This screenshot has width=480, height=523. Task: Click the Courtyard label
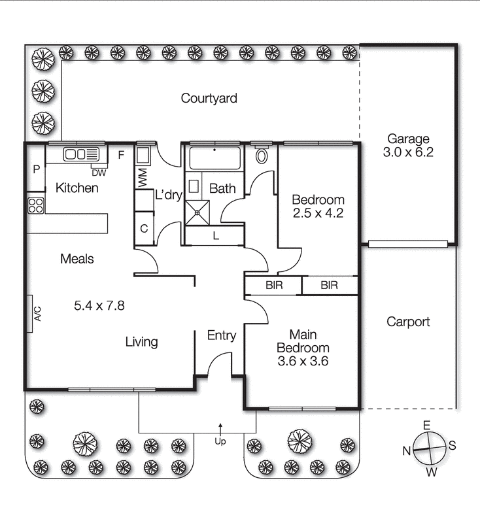(x=209, y=99)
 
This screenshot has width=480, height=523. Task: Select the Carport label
(x=408, y=322)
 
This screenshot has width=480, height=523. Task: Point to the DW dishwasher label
(x=98, y=173)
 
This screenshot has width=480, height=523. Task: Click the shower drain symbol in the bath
(x=196, y=212)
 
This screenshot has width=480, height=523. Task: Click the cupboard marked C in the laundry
(x=144, y=229)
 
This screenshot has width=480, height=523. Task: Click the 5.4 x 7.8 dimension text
(x=99, y=305)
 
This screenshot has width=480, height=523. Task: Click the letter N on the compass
(x=406, y=450)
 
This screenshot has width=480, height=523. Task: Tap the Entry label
(x=221, y=335)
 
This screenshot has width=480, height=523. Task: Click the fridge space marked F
(x=120, y=155)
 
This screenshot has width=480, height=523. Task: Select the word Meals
(x=77, y=259)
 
